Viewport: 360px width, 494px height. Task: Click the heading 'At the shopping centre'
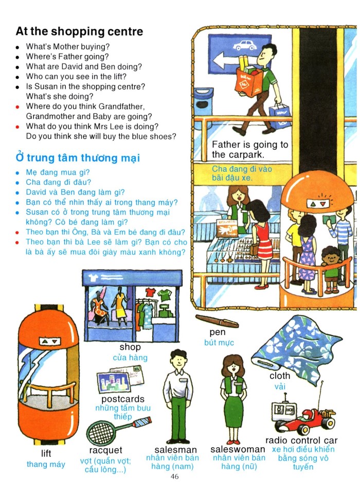click(x=79, y=31)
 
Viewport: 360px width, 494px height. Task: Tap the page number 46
click(x=174, y=477)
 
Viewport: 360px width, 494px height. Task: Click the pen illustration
click(x=217, y=321)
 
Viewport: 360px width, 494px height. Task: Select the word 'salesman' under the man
click(x=176, y=450)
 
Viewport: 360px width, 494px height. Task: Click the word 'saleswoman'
click(x=238, y=449)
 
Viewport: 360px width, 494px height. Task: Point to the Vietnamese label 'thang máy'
click(x=46, y=464)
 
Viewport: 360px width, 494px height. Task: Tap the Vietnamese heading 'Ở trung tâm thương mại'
click(x=78, y=157)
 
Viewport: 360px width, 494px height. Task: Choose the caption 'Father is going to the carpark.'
click(x=250, y=150)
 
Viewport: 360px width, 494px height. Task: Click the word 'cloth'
click(x=280, y=376)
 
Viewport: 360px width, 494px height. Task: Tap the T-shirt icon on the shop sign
click(x=95, y=277)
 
